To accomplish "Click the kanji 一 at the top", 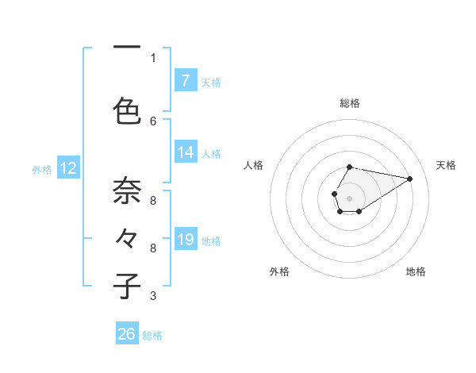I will (x=127, y=48).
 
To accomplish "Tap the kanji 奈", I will (x=127, y=190).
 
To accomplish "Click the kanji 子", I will (x=127, y=286).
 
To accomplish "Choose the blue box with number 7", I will (x=185, y=81).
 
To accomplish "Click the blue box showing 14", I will (x=185, y=152).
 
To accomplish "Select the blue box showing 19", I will (x=185, y=240).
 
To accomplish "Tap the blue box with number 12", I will (x=68, y=168).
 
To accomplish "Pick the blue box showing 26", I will (x=127, y=334).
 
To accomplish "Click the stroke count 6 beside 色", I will (x=153, y=121).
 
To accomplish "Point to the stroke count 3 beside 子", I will (x=153, y=296).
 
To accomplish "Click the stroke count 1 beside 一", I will (x=153, y=57).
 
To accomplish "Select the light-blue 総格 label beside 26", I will (x=152, y=336).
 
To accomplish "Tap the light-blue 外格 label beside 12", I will (x=42, y=169).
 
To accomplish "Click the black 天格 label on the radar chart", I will (x=446, y=165).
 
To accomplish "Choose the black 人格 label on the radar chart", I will (x=254, y=165).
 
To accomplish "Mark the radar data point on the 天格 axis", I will (x=410, y=179).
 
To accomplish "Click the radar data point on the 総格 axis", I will (x=350, y=167).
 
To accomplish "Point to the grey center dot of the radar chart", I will (x=350, y=197).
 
